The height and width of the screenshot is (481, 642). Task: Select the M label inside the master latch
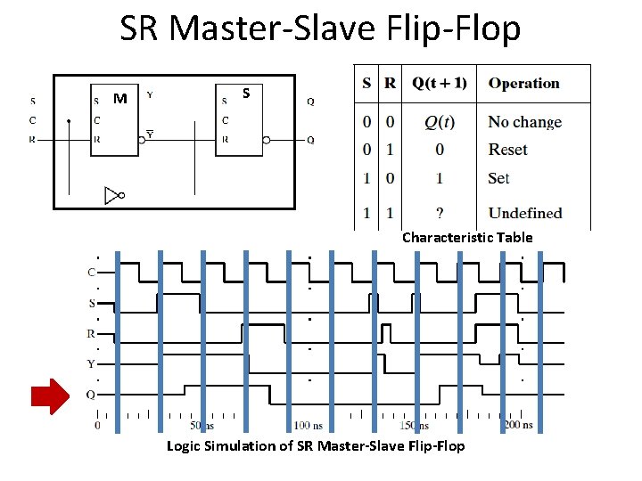tap(120, 97)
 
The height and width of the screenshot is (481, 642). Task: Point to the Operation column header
tap(524, 84)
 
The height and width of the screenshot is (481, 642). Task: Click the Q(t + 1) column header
tap(439, 84)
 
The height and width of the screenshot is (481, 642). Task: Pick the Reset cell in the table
tap(507, 150)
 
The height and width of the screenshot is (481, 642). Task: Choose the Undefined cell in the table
tap(524, 213)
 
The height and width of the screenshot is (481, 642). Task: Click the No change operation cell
tap(524, 122)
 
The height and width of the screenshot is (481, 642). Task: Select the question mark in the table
tap(439, 213)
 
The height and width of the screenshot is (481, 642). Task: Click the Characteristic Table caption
tap(467, 238)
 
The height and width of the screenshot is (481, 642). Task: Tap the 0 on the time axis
tap(97, 426)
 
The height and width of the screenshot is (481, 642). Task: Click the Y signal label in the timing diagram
tap(91, 364)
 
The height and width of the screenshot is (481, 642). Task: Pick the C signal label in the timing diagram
tap(91, 273)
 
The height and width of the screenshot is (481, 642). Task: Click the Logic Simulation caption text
tap(316, 445)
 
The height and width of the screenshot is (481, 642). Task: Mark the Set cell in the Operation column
tap(498, 178)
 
